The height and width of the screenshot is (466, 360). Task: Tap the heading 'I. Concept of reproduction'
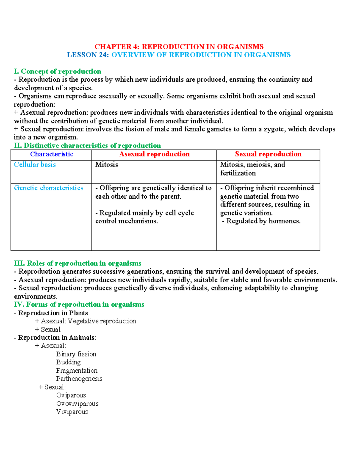coord(58,71)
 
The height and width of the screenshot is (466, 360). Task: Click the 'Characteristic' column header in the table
coord(52,154)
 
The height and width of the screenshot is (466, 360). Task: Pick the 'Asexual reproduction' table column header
coord(154,154)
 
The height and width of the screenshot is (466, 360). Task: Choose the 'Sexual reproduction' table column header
coord(268,154)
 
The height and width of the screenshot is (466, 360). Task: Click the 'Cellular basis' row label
coord(35,165)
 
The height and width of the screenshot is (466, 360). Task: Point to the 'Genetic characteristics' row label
coord(49,188)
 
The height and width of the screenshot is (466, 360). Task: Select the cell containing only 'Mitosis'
coord(106,165)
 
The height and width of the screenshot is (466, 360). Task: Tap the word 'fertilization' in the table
coord(238,173)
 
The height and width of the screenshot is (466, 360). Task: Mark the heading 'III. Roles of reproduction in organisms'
coord(77,263)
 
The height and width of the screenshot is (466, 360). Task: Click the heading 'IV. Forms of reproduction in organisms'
coord(79,305)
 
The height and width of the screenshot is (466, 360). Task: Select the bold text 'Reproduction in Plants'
coord(53,313)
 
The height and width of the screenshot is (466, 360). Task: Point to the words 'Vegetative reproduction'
coord(102,321)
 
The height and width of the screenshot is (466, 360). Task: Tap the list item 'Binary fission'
coord(76,354)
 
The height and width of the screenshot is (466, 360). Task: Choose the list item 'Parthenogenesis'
coord(79,379)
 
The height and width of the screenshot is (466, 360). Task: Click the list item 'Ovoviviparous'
coord(77,404)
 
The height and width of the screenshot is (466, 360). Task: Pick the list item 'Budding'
coord(68,362)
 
